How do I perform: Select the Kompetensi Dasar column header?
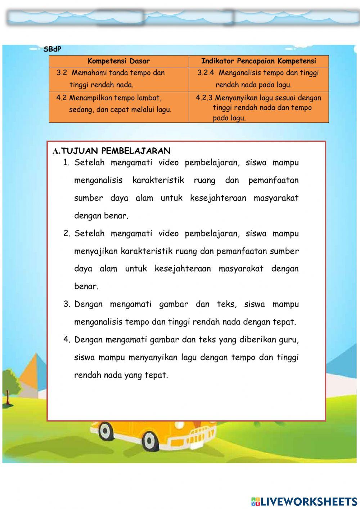pyautogui.click(x=118, y=61)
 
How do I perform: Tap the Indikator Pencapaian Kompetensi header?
pyautogui.click(x=258, y=61)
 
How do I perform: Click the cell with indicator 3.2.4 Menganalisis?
pyautogui.click(x=258, y=79)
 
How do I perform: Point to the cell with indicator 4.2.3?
pyautogui.click(x=258, y=107)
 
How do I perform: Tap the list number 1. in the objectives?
pyautogui.click(x=66, y=162)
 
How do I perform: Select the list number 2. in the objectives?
pyautogui.click(x=67, y=233)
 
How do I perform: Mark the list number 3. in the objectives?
pyautogui.click(x=67, y=304)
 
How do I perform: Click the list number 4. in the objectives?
pyautogui.click(x=67, y=340)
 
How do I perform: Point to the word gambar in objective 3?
pyautogui.click(x=174, y=304)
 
